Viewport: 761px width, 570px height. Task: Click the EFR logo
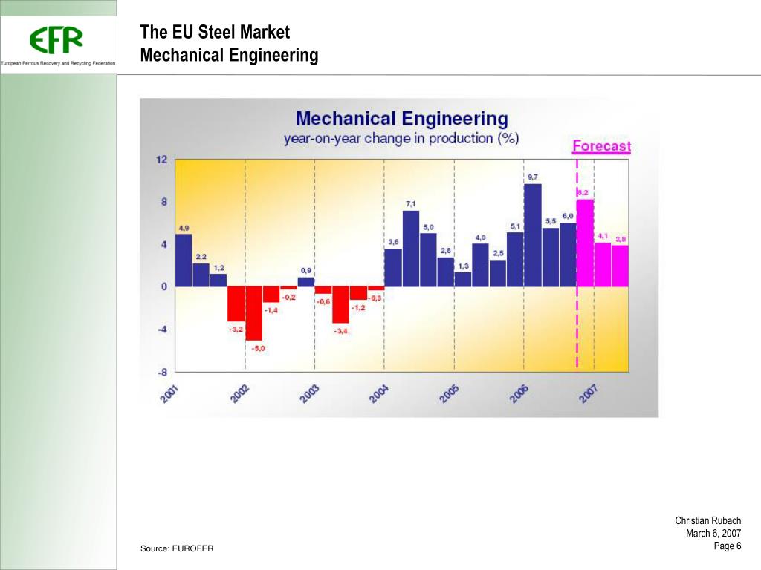56,40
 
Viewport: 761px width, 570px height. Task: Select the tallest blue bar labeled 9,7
532,235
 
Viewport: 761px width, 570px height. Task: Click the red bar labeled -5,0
254,313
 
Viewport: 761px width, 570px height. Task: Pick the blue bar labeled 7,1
411,249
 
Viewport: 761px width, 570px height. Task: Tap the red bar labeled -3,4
340,304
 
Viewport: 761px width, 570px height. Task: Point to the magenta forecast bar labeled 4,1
603,264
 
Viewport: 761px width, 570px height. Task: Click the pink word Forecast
601,146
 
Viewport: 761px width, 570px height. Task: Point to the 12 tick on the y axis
161,160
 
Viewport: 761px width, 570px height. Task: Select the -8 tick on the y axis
161,371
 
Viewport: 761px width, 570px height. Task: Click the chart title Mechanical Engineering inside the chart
401,119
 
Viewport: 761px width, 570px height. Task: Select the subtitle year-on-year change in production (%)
401,139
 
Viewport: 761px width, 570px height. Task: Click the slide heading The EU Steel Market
215,33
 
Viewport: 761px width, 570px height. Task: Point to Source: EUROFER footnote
177,548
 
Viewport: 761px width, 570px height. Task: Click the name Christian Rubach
707,521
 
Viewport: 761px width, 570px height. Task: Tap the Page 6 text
728,546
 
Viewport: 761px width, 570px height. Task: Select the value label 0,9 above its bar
306,270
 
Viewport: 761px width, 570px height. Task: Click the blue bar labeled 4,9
184,260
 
